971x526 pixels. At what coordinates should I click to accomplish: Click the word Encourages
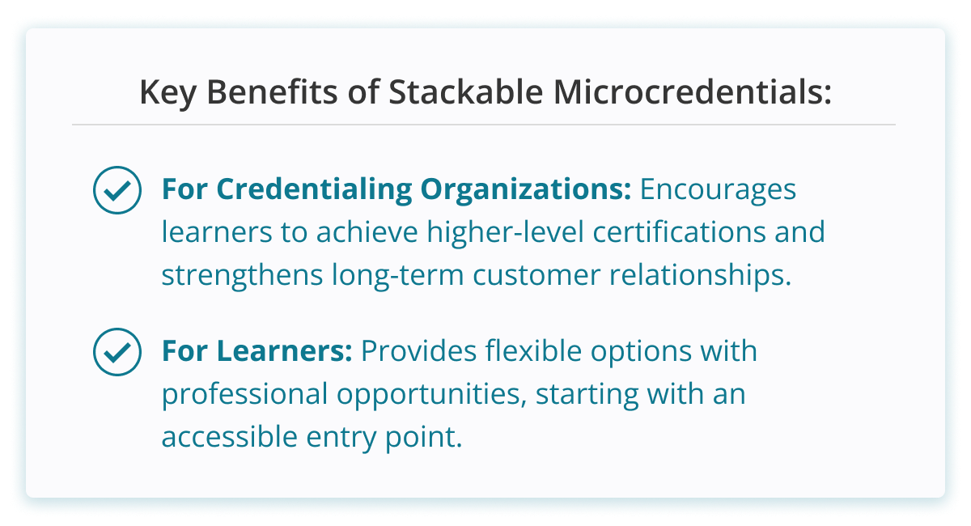[x=719, y=190]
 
